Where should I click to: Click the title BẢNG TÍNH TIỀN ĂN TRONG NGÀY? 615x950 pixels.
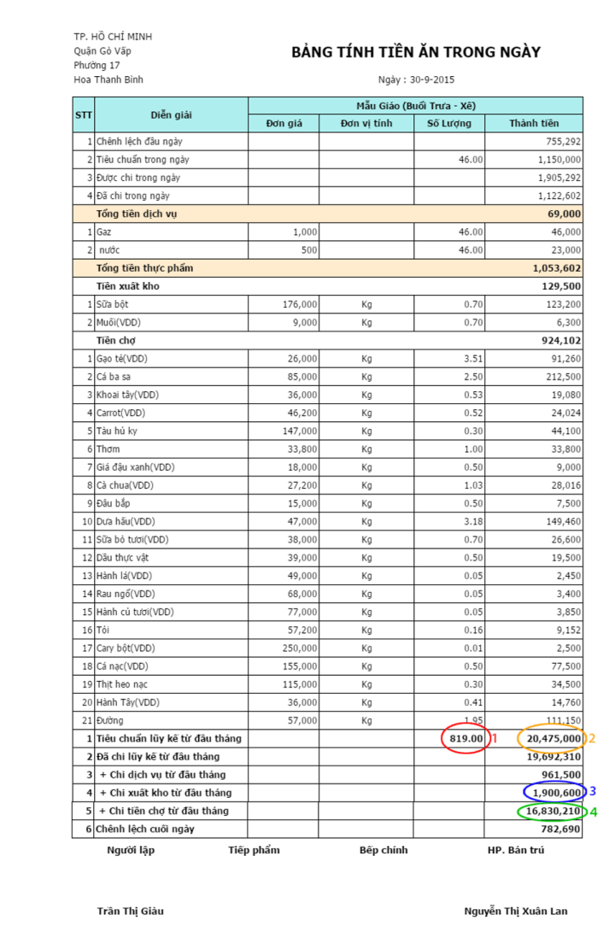(x=416, y=53)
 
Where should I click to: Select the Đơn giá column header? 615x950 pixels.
(x=284, y=124)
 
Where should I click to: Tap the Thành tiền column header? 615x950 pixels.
(x=534, y=124)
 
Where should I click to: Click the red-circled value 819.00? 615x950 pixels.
(x=466, y=738)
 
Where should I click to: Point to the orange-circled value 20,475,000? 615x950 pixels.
(x=553, y=738)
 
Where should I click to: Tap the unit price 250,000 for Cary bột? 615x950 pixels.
(x=299, y=648)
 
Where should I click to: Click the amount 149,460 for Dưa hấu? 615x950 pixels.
(x=561, y=521)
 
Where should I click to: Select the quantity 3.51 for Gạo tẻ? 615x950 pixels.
(x=471, y=359)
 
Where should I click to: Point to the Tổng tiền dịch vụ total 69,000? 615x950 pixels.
(x=565, y=214)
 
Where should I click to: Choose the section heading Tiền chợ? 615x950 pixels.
(x=117, y=340)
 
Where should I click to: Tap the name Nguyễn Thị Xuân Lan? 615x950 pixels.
(x=516, y=911)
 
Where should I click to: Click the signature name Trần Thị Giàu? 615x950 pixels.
(x=131, y=911)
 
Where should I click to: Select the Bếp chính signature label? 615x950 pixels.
(x=384, y=850)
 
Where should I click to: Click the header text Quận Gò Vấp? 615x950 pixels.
(x=102, y=51)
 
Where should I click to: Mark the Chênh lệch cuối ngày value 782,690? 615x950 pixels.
(x=560, y=829)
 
